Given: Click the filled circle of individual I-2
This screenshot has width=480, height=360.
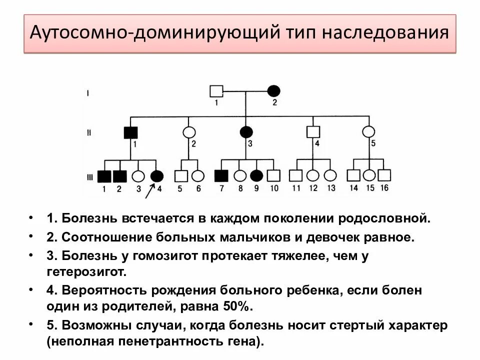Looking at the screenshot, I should tap(273, 90).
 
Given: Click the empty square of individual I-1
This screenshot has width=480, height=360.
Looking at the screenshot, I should tap(216, 91).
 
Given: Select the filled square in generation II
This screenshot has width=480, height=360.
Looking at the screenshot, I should tap(131, 132).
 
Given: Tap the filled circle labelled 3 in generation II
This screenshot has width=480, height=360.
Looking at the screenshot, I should tap(246, 132).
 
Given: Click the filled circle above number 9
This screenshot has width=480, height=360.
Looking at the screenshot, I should tap(256, 175).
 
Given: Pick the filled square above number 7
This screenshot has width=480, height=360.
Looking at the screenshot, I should tap(221, 175).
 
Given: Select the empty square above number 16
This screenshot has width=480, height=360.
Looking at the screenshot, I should tap(384, 175).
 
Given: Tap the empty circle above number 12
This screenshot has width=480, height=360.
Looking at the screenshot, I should tap(313, 175).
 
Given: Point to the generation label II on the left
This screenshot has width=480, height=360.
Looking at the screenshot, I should tap(88, 132).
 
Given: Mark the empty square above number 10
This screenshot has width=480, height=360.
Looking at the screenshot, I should tap(273, 175).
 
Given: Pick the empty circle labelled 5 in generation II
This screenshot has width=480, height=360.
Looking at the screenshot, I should tap(368, 132).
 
